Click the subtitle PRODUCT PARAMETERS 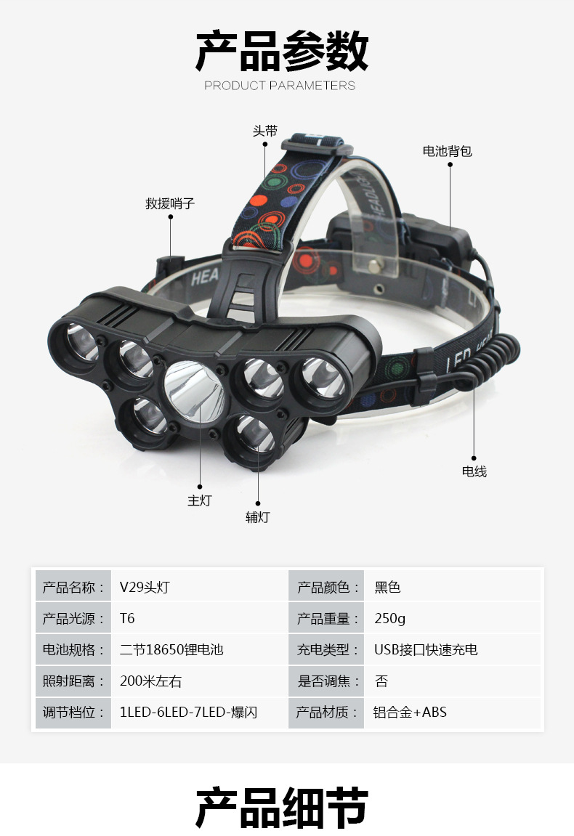(280, 86)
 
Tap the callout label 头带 (264, 131)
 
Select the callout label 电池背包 (448, 151)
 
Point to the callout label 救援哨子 (170, 204)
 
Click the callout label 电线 (474, 471)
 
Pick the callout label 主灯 (199, 500)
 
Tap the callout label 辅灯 (257, 517)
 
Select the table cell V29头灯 (145, 587)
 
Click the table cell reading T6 (128, 619)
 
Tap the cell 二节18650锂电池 (171, 649)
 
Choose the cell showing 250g (390, 619)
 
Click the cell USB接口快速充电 (426, 649)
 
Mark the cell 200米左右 (151, 681)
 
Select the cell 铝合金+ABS (411, 713)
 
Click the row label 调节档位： (70, 713)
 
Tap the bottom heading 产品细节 (282, 806)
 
